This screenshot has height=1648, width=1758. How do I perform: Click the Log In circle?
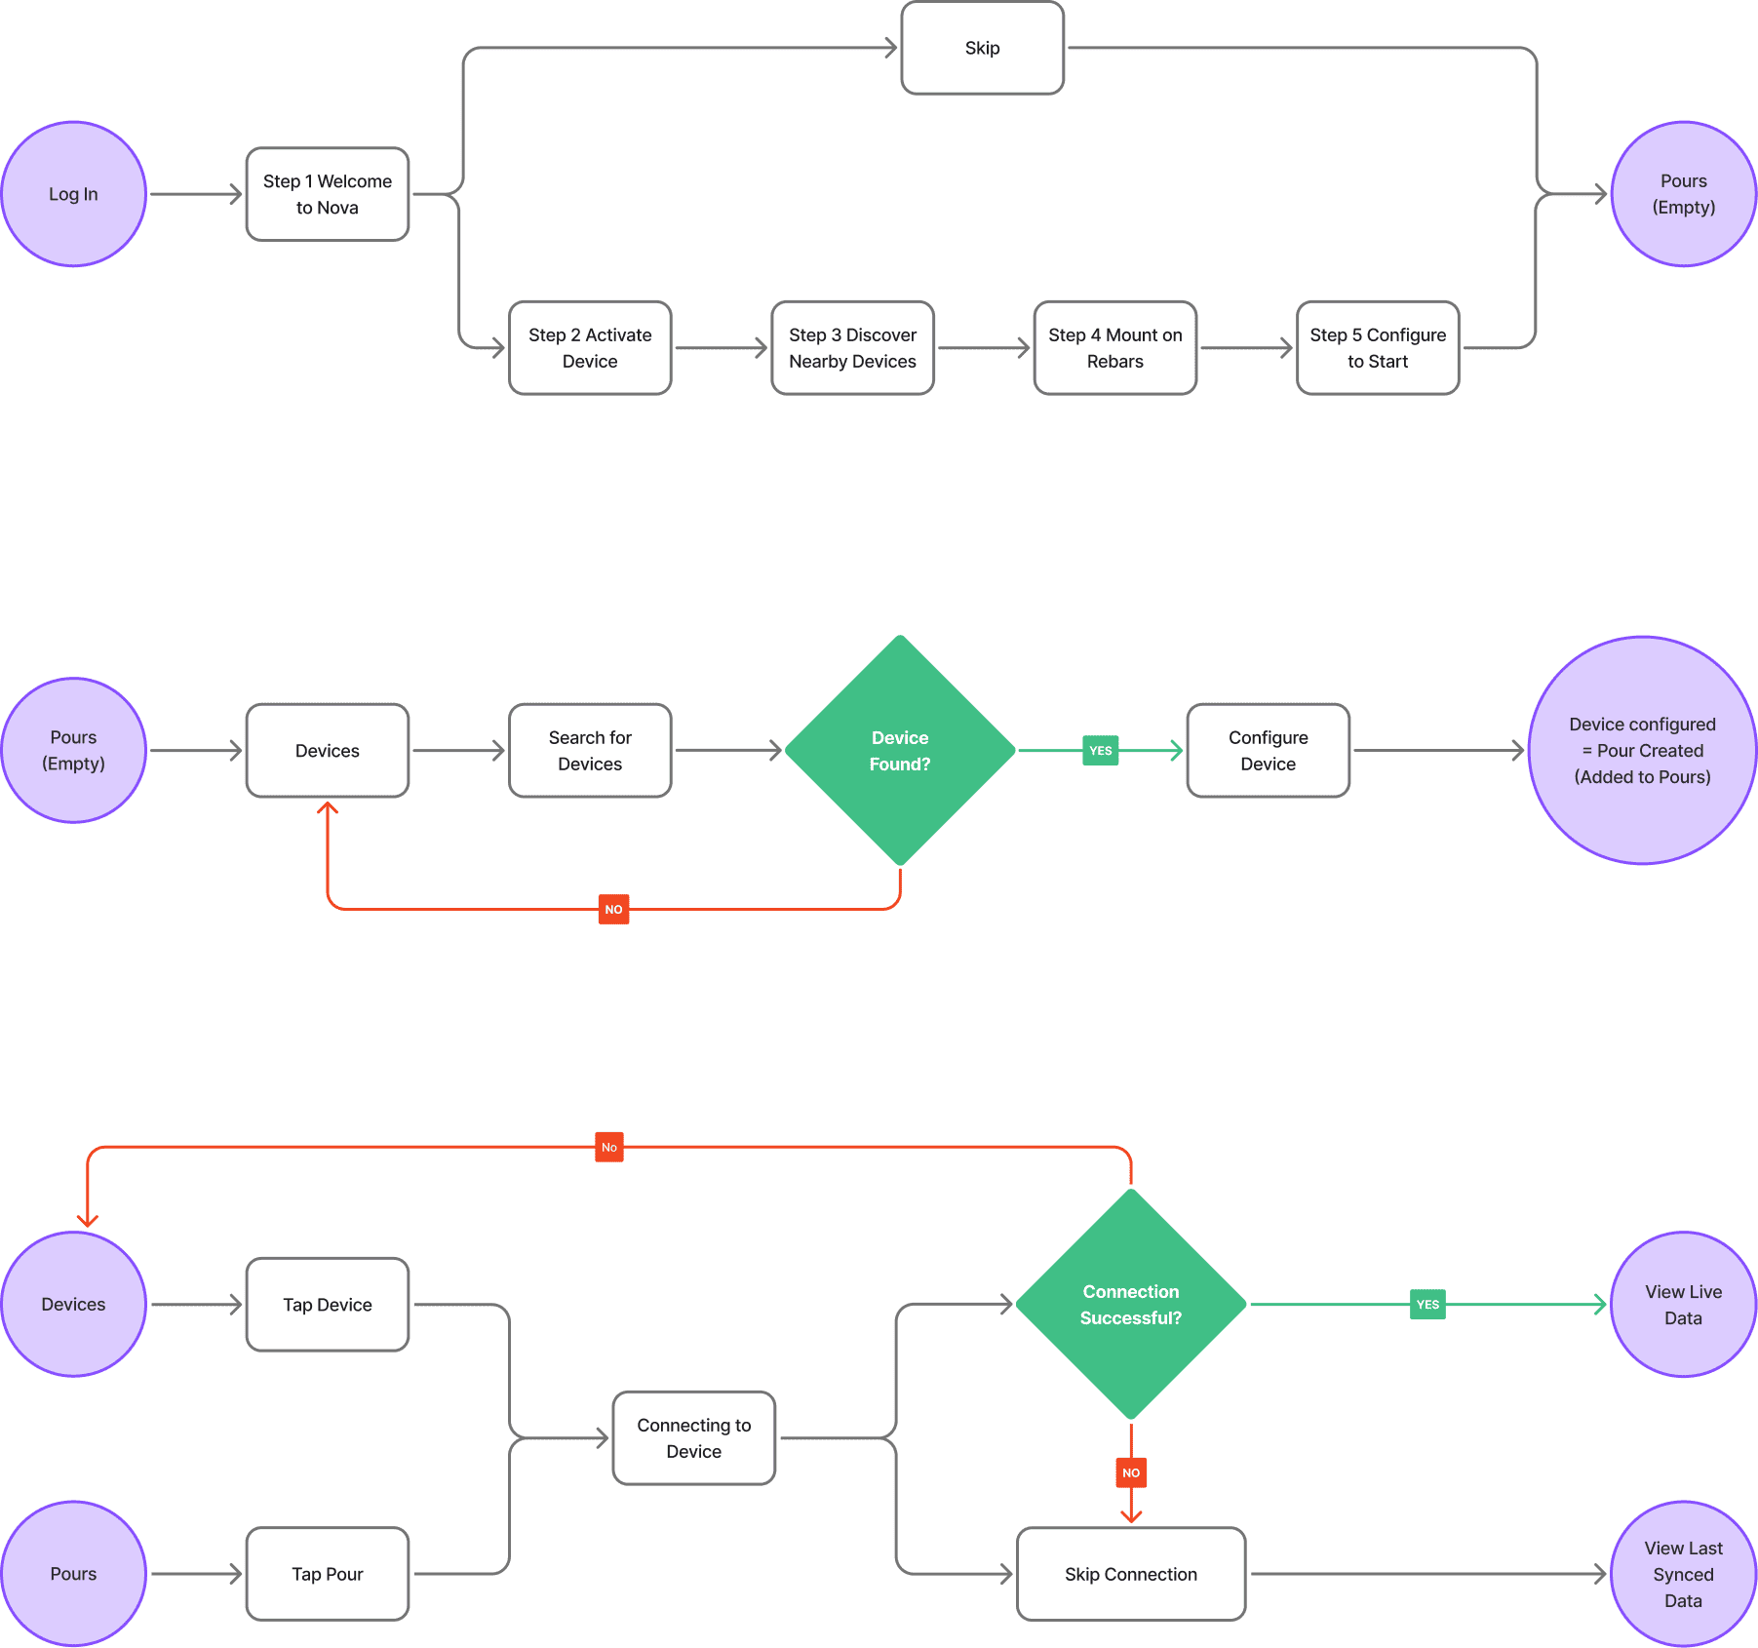[x=73, y=194]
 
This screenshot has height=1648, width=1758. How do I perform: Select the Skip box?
[x=982, y=48]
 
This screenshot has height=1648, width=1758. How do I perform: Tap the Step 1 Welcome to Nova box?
[x=327, y=194]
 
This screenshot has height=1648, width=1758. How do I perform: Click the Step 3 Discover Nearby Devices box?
[x=852, y=348]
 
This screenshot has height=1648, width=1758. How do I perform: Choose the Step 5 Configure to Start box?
[x=1377, y=348]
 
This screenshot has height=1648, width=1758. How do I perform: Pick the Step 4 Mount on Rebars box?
[x=1114, y=348]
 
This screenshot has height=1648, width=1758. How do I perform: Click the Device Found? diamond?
[x=899, y=751]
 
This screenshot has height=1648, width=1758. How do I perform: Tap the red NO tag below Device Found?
[x=613, y=909]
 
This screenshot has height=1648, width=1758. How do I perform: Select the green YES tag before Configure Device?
[x=1100, y=751]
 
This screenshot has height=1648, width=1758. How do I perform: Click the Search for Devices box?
[x=590, y=751]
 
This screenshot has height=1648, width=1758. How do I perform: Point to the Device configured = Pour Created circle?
[x=1642, y=751]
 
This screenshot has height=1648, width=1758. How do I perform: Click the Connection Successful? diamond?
[x=1130, y=1305]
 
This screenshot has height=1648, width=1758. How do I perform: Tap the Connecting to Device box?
[x=693, y=1438]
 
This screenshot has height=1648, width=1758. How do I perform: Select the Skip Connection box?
[x=1130, y=1574]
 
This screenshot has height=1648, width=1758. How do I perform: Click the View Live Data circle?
[x=1683, y=1305]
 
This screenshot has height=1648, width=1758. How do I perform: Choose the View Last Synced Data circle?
[x=1683, y=1574]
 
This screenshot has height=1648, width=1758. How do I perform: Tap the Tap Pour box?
[x=327, y=1574]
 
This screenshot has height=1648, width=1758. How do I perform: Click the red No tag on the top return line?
[x=608, y=1147]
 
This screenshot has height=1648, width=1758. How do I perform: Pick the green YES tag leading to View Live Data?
[x=1427, y=1305]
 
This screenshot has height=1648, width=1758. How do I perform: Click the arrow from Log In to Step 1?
[x=195, y=194]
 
